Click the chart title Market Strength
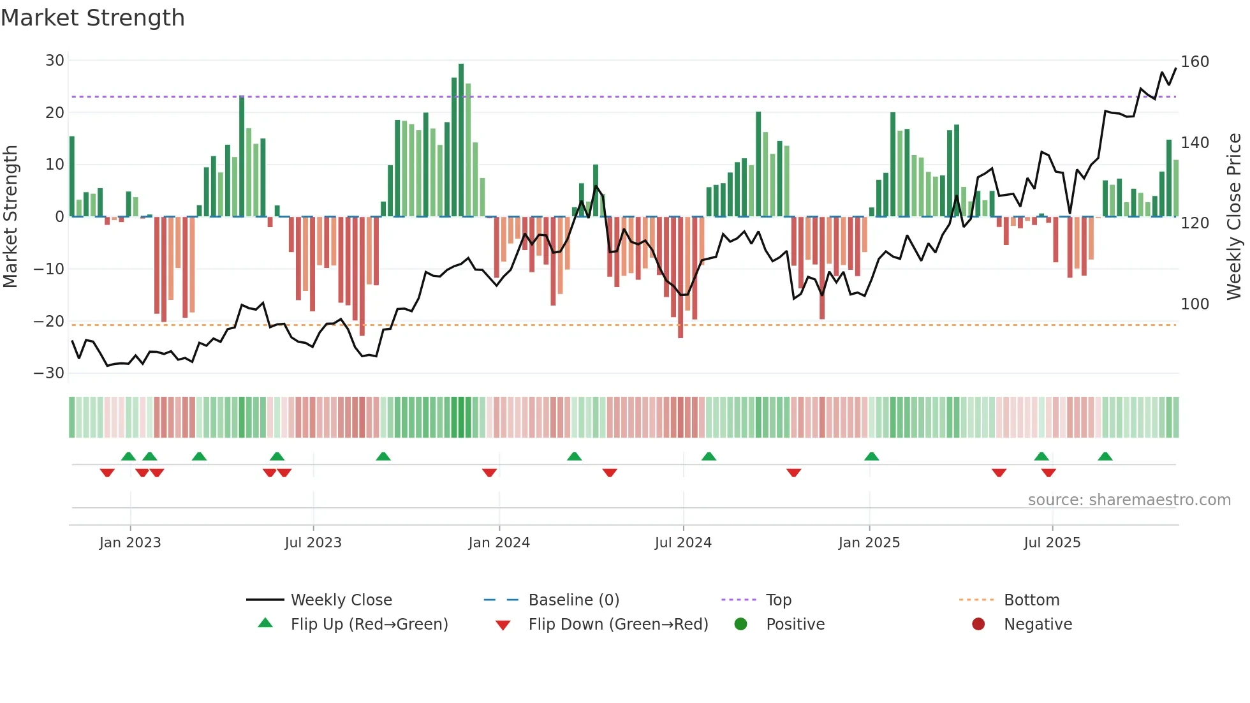(x=92, y=18)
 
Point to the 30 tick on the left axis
(x=55, y=61)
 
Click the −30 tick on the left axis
(x=49, y=373)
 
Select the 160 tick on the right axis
(x=1195, y=62)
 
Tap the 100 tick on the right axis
(x=1195, y=304)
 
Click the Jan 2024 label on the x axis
(x=499, y=543)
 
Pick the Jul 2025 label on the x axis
(x=1052, y=543)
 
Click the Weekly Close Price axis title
(x=1234, y=217)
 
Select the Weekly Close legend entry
(x=341, y=600)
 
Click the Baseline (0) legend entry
(x=573, y=600)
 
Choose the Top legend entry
(x=778, y=600)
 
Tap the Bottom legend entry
(x=1031, y=600)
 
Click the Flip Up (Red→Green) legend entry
(x=369, y=625)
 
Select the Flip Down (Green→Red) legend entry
(x=618, y=625)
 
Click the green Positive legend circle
(x=740, y=624)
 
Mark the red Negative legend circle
(x=978, y=624)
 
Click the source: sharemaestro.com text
(x=1129, y=500)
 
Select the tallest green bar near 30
(x=461, y=140)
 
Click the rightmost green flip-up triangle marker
(x=1105, y=457)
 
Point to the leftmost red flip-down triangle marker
(x=107, y=473)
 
